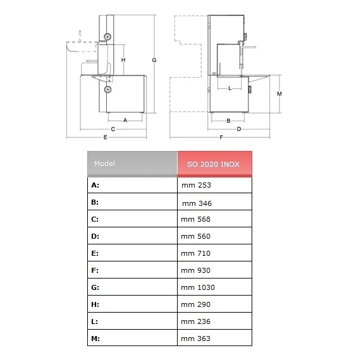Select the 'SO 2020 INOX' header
214,164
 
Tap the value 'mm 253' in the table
196,185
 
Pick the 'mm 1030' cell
198,287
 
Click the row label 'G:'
95,287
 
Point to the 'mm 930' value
196,270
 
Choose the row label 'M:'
95,339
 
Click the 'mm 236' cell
196,321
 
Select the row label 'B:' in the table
95,202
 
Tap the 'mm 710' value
196,253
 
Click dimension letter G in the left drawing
154,60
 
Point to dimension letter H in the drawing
123,60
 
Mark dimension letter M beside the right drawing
279,94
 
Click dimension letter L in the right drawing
229,88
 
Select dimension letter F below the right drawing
221,137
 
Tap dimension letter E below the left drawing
105,137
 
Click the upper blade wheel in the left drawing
107,37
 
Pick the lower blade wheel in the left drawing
107,89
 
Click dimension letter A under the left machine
125,120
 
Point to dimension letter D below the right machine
239,129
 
